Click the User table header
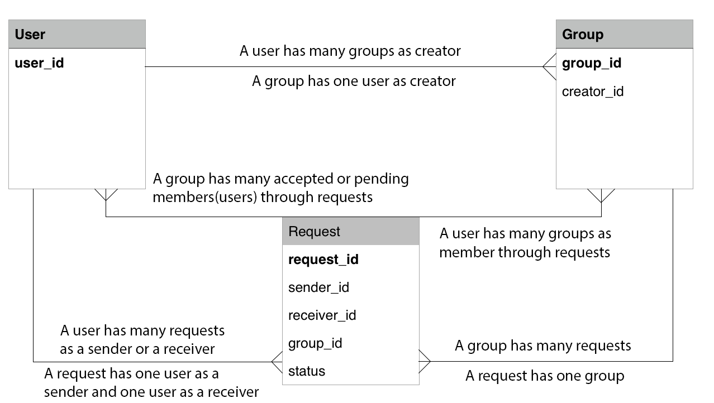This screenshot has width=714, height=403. click(x=77, y=34)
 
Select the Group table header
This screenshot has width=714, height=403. click(x=624, y=34)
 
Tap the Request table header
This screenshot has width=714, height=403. click(x=350, y=231)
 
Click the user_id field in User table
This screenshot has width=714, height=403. click(x=39, y=63)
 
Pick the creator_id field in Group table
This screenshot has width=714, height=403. click(x=593, y=92)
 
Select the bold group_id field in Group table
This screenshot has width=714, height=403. click(x=592, y=63)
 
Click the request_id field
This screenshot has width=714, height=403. click(x=323, y=260)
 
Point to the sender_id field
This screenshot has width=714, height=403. click(x=318, y=287)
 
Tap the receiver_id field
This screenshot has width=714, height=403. click(x=322, y=315)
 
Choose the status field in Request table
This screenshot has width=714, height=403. click(x=307, y=371)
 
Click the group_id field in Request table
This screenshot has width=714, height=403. click(x=315, y=343)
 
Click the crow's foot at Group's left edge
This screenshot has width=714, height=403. click(x=549, y=67)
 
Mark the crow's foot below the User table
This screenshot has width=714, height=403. click(x=106, y=195)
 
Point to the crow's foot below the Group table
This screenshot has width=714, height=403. click(x=601, y=195)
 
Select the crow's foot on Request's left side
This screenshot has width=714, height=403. click(x=277, y=362)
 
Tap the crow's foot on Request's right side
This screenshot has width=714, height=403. click(x=425, y=361)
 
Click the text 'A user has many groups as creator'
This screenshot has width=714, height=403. click(x=350, y=51)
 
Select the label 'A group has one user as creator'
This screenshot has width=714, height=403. click(x=354, y=81)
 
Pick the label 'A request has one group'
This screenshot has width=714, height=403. click(x=545, y=376)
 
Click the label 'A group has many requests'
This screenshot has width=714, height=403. click(x=543, y=346)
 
